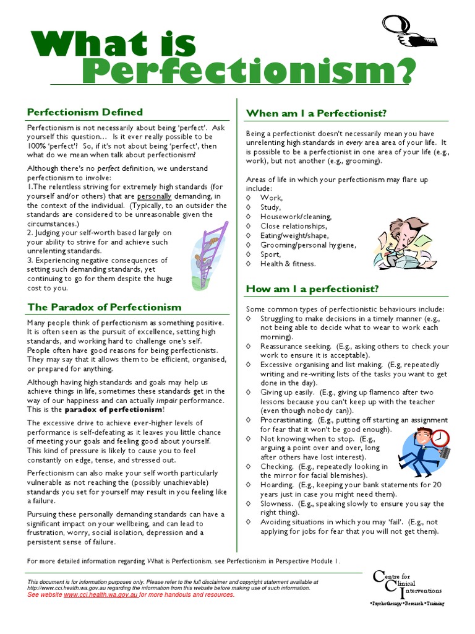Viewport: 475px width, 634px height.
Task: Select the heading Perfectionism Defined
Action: (x=85, y=112)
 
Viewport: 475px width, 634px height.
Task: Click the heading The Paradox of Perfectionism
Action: (x=104, y=307)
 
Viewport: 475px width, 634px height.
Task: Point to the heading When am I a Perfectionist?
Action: (x=316, y=113)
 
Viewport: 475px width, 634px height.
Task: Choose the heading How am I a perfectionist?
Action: (x=312, y=289)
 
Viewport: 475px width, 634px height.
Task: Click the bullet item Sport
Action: (x=270, y=254)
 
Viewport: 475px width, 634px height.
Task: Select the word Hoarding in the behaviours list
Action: (x=276, y=485)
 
